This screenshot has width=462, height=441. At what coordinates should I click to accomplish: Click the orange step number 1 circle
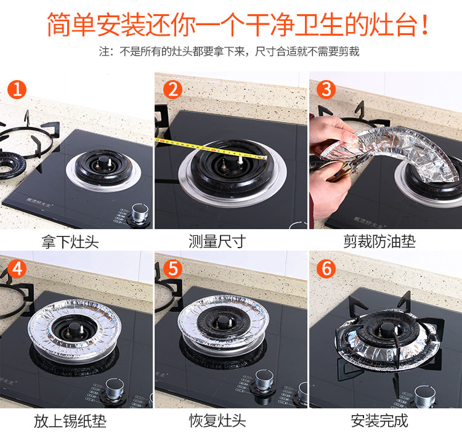click(x=17, y=89)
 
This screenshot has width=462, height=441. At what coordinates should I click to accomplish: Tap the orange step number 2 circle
click(x=172, y=89)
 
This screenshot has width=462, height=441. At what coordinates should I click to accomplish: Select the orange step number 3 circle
click(x=326, y=89)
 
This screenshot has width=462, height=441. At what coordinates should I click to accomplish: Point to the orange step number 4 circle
click(x=17, y=269)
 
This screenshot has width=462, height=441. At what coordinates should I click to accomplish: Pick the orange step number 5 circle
click(x=172, y=269)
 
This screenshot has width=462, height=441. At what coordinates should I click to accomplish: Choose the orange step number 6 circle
click(x=326, y=269)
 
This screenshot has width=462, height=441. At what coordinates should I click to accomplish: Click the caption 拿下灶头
click(x=70, y=242)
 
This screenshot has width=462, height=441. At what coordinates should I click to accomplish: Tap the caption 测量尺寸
click(x=217, y=241)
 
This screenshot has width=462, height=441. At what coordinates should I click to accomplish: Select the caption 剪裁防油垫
click(x=379, y=241)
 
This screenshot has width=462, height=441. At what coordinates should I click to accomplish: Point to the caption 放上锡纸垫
click(x=70, y=421)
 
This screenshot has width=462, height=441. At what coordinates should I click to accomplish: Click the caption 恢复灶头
click(x=217, y=421)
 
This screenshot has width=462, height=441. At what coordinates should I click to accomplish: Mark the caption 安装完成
click(x=379, y=421)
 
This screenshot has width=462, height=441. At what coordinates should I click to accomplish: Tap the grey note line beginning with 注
click(x=229, y=52)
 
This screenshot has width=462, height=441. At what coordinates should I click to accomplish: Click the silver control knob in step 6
click(x=424, y=395)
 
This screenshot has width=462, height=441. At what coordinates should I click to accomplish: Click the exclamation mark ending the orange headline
click(x=424, y=25)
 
